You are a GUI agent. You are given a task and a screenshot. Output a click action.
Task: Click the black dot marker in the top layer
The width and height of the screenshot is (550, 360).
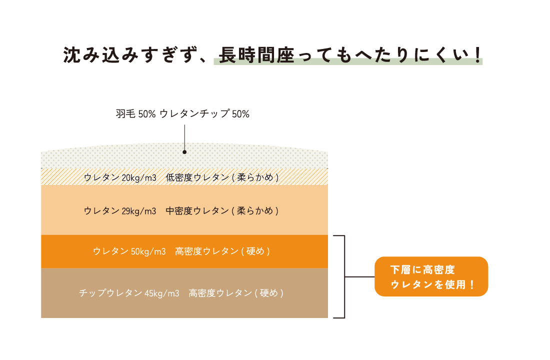click(184, 152)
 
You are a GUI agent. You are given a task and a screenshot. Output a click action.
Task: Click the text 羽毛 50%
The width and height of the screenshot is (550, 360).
click(135, 114)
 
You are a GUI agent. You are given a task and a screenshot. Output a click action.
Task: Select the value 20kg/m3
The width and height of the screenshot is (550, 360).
click(139, 177)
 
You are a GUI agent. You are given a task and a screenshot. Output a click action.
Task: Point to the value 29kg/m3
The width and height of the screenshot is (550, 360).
click(139, 211)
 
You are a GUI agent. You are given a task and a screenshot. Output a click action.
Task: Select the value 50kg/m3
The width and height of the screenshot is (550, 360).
click(148, 251)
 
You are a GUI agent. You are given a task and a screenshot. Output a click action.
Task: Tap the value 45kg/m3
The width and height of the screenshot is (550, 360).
click(162, 293)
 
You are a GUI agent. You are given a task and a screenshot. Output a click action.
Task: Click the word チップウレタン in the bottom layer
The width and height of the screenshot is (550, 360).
click(110, 293)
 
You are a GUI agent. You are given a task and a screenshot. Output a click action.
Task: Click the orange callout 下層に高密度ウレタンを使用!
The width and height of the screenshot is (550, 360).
click(431, 276)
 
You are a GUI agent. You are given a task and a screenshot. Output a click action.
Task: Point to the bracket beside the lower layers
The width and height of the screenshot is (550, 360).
click(344, 277)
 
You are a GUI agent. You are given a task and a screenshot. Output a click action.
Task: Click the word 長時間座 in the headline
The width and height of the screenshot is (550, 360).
click(256, 55)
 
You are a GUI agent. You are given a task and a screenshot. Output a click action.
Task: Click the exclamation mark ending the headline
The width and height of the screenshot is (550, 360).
click(477, 55)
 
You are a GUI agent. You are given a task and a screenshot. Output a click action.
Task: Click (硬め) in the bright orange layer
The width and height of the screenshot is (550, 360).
click(255, 251)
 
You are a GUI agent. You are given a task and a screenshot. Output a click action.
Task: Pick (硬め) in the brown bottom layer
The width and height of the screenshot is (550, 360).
click(269, 293)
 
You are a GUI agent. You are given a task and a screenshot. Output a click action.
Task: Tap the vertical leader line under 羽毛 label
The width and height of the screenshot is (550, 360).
click(184, 137)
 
